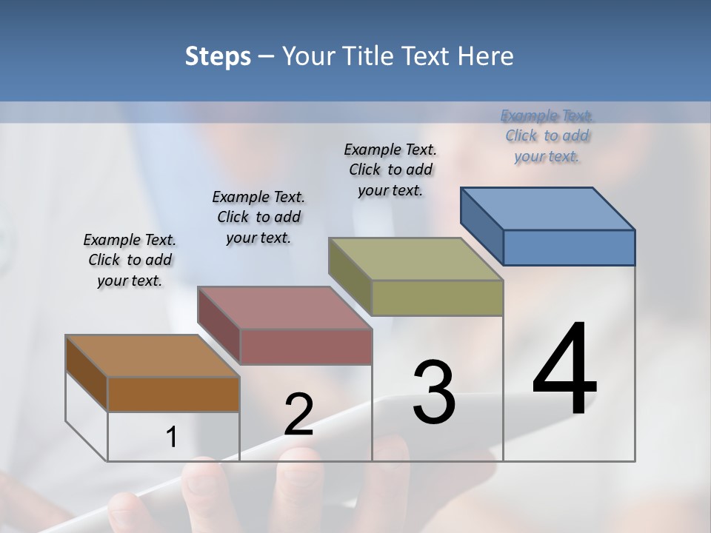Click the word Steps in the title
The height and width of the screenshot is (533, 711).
point(218,56)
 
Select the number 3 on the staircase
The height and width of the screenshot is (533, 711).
point(433,392)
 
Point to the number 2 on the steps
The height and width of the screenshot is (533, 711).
point(299,415)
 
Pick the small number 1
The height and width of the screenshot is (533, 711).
point(172,438)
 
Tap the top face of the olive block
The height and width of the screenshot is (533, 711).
point(415,259)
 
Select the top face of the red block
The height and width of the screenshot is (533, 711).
point(284,307)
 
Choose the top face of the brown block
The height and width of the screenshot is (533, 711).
point(153,356)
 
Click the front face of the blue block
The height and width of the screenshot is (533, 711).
point(569,247)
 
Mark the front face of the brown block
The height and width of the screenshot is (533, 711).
point(173,394)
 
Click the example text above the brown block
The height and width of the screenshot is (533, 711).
point(130,260)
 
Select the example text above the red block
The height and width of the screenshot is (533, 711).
point(258,217)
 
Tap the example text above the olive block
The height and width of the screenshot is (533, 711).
point(390,170)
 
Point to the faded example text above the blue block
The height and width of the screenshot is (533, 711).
point(547,135)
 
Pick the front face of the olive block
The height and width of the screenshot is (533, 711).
point(437,298)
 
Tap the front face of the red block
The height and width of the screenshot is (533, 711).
point(305,346)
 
